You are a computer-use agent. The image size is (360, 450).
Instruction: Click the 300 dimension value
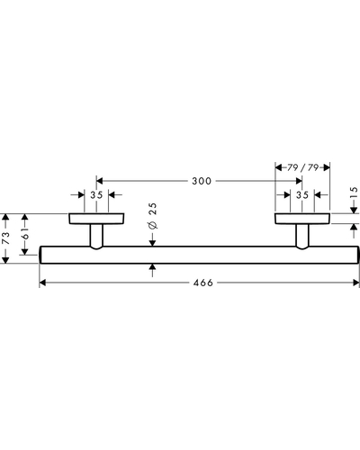pyautogui.click(x=202, y=181)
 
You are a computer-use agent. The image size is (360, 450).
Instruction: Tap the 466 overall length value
pyautogui.click(x=203, y=283)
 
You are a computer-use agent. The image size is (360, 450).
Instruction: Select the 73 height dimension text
pyautogui.click(x=6, y=238)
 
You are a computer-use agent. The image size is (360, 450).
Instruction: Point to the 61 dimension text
pyautogui.click(x=25, y=233)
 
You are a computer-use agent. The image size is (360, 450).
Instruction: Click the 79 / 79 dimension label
pyautogui.click(x=302, y=167)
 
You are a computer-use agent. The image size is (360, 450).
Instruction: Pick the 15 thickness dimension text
pyautogui.click(x=354, y=192)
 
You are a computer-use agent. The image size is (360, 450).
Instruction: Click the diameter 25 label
pyautogui.click(x=153, y=216)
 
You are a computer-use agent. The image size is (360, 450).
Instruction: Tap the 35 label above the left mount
pyautogui.click(x=96, y=195)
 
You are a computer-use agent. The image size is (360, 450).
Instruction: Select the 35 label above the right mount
pyautogui.click(x=302, y=195)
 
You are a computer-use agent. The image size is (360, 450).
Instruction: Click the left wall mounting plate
pyautogui.click(x=96, y=219)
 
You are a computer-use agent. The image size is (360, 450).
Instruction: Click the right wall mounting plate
pyautogui.click(x=302, y=219)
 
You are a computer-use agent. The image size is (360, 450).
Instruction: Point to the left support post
pyautogui.click(x=96, y=237)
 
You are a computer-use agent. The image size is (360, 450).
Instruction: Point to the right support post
pyautogui.click(x=302, y=237)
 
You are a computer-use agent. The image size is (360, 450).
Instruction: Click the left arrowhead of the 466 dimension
pyautogui.click(x=42, y=283)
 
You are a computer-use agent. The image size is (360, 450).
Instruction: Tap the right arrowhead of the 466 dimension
pyautogui.click(x=355, y=283)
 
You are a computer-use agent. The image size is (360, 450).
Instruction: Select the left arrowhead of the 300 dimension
pyautogui.click(x=100, y=181)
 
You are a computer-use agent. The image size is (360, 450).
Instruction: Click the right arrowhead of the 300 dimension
pyautogui.click(x=299, y=181)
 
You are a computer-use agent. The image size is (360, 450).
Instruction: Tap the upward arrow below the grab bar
pyautogui.click(x=153, y=270)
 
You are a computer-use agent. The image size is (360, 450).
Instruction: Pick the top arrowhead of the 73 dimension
pyautogui.click(x=5, y=217)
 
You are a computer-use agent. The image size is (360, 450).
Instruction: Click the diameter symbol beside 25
pyautogui.click(x=153, y=225)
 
